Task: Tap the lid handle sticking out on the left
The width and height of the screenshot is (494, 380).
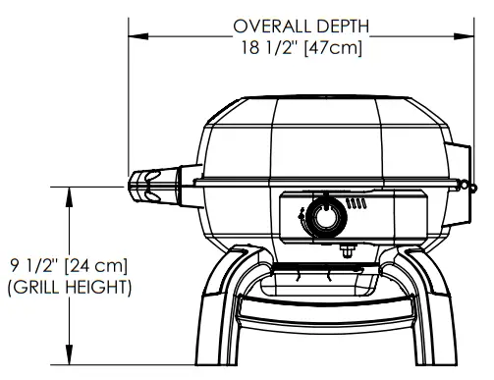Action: [x=151, y=186]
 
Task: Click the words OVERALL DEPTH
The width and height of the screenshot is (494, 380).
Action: [x=301, y=26]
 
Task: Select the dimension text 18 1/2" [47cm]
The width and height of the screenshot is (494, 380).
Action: [x=301, y=47]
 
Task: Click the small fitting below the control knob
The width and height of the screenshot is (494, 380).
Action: [x=346, y=246]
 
